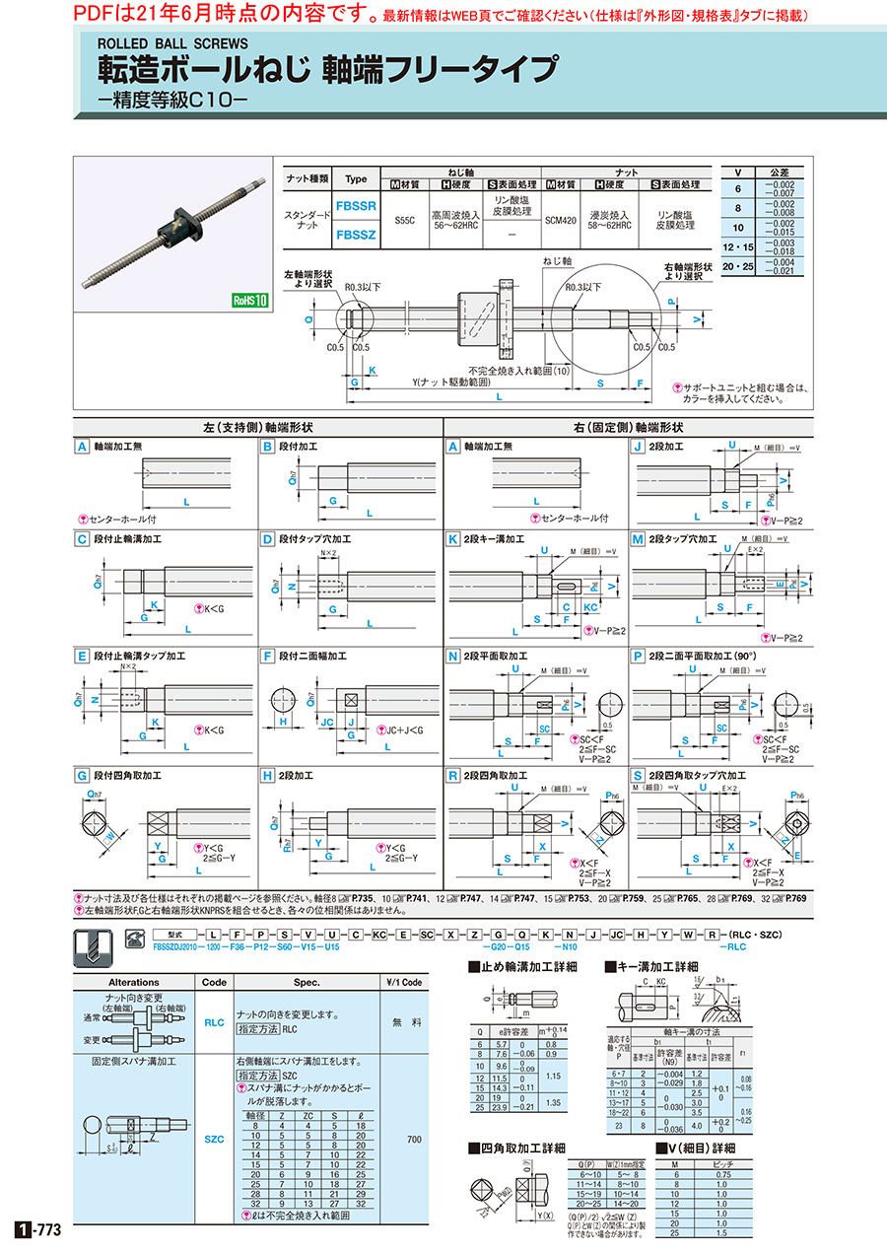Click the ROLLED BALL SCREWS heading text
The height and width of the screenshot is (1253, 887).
pos(171,43)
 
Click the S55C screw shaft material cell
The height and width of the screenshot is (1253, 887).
pos(405,221)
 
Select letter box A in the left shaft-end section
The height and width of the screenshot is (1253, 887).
pos(83,446)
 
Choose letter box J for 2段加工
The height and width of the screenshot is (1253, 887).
pos(638,446)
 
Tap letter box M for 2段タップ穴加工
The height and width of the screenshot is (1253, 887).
pos(638,539)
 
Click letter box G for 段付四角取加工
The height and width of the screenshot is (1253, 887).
pos(83,775)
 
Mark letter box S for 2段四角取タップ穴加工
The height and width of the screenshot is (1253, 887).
pos(638,775)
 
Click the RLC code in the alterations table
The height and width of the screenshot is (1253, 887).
pos(214,1022)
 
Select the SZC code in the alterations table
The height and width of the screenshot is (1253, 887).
pos(214,1138)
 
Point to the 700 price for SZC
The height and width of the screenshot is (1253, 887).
pos(413,1139)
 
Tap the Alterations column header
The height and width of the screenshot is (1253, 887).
pos(133,982)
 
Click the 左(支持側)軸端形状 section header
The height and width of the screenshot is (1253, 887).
pos(257,428)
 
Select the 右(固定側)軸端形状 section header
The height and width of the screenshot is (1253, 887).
pos(629,428)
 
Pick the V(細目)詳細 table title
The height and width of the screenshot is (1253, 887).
pos(701,1148)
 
